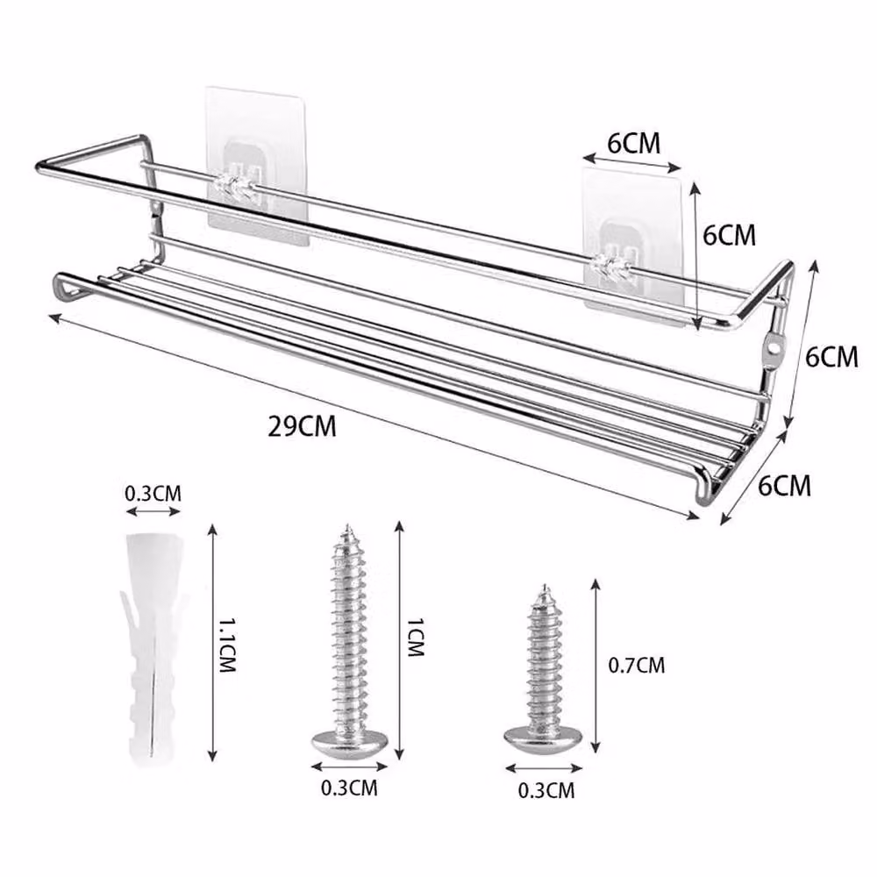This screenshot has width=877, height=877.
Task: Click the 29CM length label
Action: coord(302,426)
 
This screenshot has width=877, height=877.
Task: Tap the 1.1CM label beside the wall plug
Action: coord(227,645)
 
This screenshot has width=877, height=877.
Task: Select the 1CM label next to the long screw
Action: coord(415,637)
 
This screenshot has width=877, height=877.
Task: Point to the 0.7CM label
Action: coord(637,665)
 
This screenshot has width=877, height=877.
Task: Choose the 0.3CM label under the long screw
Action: coord(349,788)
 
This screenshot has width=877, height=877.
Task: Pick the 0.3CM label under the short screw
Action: coord(546,790)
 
